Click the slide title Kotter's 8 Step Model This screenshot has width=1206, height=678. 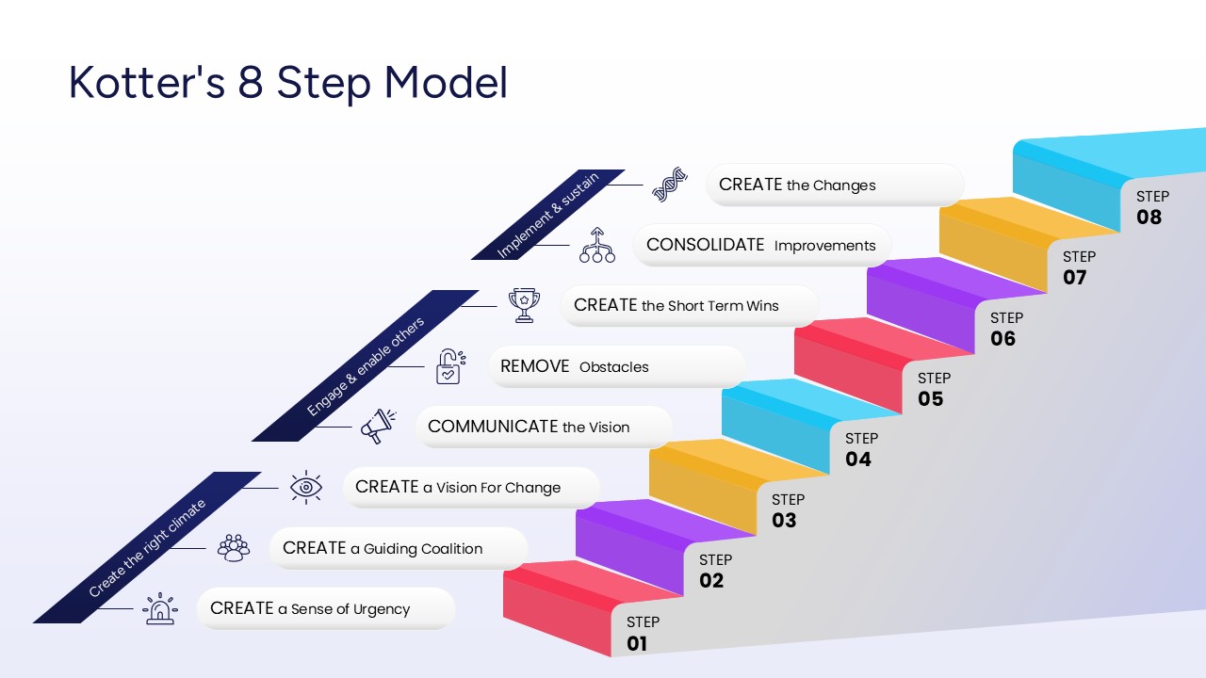[288, 83]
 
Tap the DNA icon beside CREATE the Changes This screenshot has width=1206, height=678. [668, 185]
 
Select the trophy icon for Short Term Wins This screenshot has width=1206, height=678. [524, 305]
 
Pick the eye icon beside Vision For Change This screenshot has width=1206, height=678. [305, 487]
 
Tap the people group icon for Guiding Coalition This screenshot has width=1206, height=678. [233, 547]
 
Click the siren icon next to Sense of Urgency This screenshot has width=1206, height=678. [160, 608]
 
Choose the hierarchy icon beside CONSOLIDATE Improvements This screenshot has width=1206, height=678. [596, 245]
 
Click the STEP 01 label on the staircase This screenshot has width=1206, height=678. [643, 622]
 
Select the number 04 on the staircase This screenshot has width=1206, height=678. [858, 460]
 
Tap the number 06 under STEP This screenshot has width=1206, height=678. [1003, 339]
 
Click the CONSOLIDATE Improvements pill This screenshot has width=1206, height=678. [761, 245]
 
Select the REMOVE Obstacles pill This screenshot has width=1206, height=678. [616, 366]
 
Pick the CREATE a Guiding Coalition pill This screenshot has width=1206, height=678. [398, 548]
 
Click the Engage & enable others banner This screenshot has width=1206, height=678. [366, 365]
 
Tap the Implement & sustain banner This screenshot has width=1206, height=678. [547, 215]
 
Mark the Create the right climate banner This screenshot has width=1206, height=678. [147, 548]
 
